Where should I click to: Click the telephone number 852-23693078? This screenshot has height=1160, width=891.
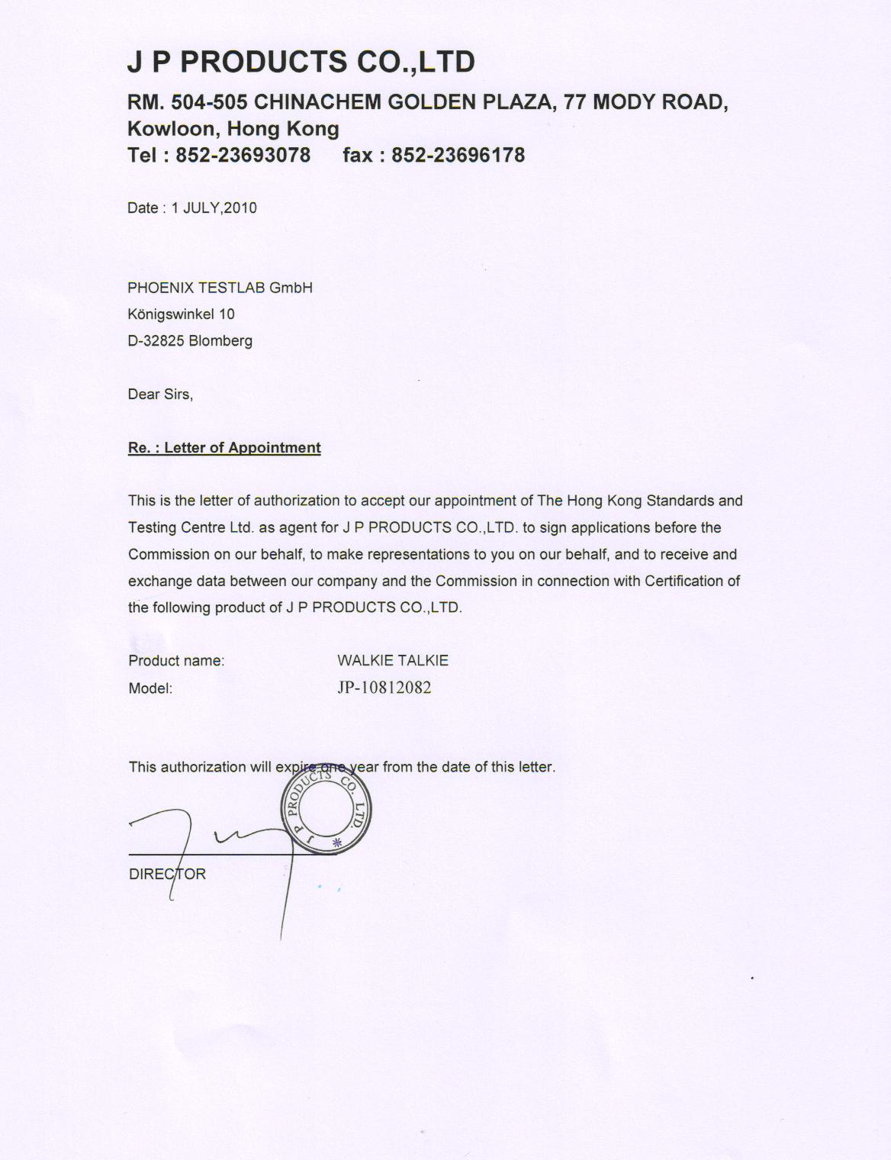243,155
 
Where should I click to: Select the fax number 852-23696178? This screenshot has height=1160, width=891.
458,155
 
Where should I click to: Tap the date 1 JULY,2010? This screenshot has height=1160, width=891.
214,208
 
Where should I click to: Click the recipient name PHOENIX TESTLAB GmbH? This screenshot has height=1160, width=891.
220,288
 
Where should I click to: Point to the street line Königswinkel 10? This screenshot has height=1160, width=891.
181,314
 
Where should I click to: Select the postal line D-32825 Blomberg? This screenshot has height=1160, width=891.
190,340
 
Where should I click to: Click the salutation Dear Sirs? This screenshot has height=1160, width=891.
160,394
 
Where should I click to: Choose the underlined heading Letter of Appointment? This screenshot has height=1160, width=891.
242,447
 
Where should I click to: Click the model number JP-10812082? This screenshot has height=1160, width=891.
384,688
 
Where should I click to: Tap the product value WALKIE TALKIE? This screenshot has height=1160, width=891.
393,660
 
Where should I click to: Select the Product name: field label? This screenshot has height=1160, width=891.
176,661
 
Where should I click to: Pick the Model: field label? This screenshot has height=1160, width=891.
150,688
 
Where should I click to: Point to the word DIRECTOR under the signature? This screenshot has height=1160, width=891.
167,874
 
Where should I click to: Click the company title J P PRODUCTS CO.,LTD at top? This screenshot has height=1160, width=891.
301,61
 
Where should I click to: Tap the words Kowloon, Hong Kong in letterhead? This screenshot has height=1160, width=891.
233,128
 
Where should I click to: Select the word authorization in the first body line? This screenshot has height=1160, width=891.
296,501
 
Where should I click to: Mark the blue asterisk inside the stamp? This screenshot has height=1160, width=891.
336,843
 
